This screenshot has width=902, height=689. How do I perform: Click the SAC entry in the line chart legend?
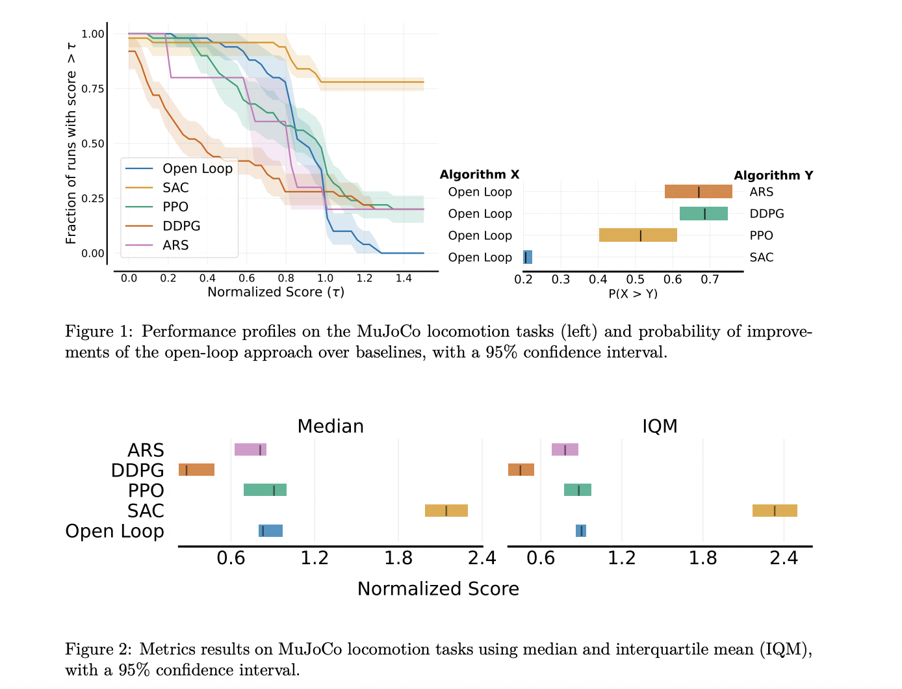[x=175, y=188]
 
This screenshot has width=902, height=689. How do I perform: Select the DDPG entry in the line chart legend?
[x=181, y=226]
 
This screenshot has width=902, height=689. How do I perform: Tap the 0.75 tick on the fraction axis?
[x=93, y=88]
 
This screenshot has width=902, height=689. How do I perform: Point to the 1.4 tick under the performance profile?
[x=404, y=278]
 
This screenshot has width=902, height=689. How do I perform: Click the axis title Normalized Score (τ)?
[x=276, y=292]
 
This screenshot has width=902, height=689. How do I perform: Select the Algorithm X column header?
[x=480, y=174]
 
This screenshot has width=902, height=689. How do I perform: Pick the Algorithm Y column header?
[x=773, y=175]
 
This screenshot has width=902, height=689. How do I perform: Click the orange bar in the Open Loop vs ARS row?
[x=698, y=192]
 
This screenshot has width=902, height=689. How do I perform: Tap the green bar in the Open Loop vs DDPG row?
[x=703, y=214]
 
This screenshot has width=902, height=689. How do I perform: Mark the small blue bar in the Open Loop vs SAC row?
[x=528, y=257]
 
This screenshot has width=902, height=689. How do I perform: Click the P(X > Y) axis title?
[x=633, y=294]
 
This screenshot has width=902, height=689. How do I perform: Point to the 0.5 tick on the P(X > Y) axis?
[x=635, y=279]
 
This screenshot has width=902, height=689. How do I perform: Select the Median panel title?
[x=330, y=426]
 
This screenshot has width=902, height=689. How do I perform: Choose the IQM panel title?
[x=660, y=426]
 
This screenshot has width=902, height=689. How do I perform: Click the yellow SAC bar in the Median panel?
[x=446, y=510]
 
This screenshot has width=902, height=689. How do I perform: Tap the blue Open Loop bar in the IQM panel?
[x=581, y=531]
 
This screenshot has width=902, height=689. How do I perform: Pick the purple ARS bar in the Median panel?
[x=250, y=450]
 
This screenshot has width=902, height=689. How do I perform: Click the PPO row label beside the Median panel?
[x=146, y=491]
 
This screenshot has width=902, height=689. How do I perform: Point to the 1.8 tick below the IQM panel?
[x=702, y=558]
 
